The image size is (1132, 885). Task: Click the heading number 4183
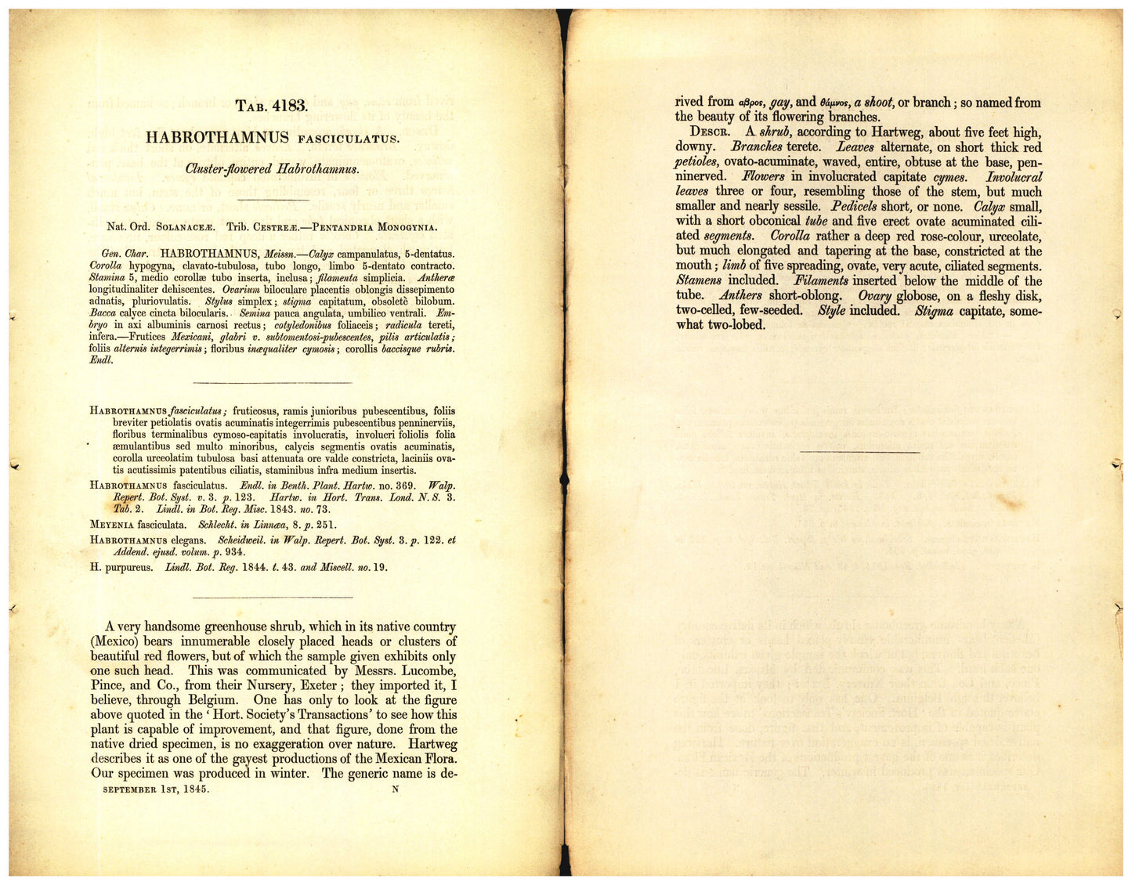click(289, 106)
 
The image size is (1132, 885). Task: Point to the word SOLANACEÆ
click(186, 227)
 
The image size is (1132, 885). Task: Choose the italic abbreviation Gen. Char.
click(125, 254)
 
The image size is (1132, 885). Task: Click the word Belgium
click(210, 700)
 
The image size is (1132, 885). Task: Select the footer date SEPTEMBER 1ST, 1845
click(156, 789)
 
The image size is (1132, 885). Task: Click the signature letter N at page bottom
click(395, 789)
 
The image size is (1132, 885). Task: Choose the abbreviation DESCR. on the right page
click(711, 132)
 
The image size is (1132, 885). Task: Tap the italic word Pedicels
click(859, 207)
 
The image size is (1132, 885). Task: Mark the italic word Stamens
click(699, 280)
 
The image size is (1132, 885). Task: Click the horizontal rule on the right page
click(859, 452)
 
